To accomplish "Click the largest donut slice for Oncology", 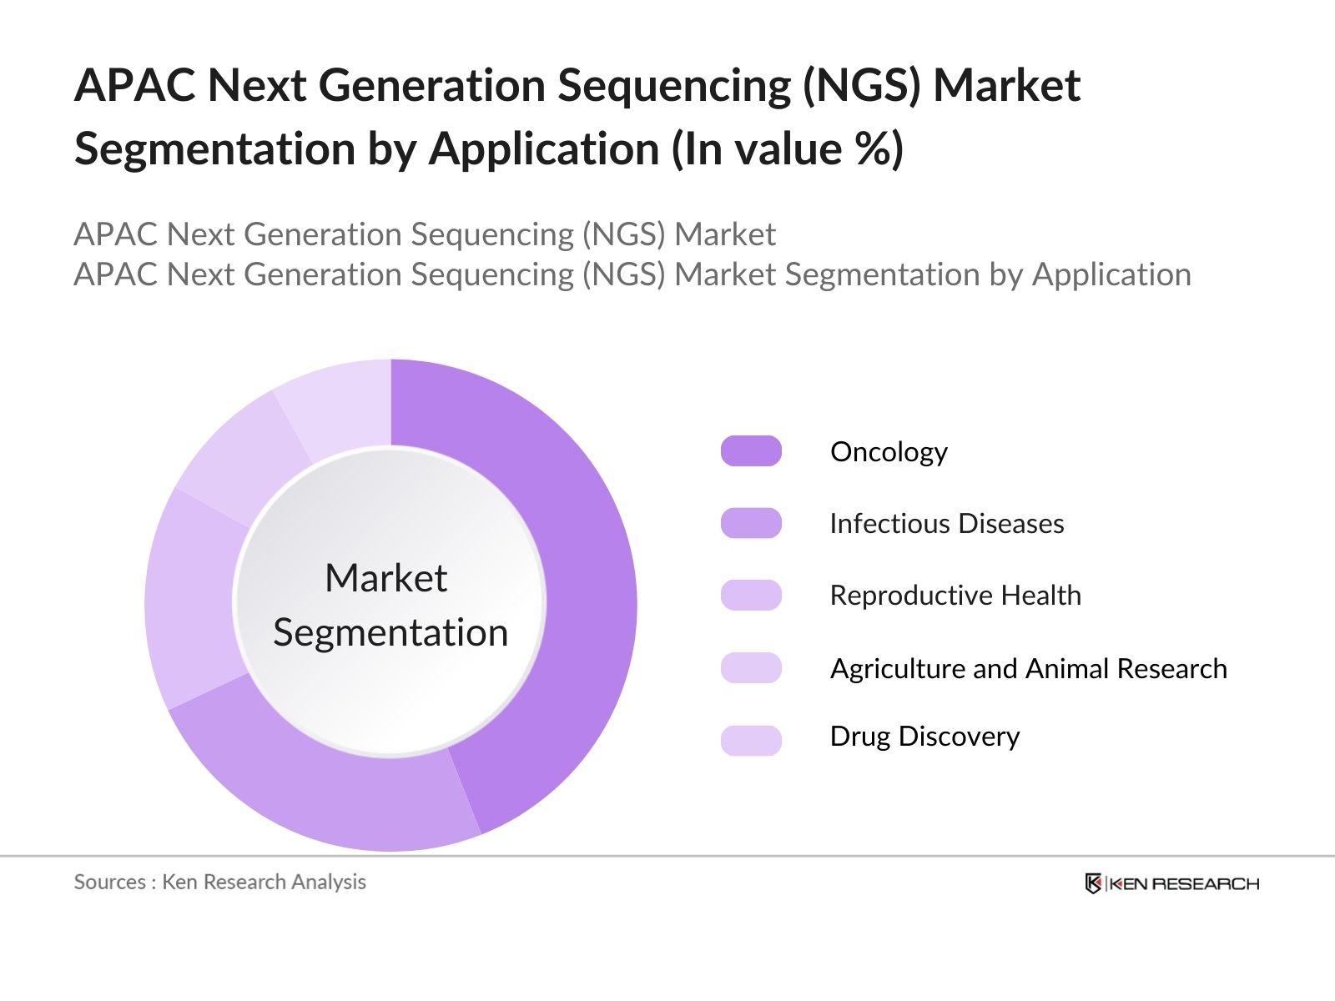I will [576, 584].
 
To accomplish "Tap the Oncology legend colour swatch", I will [751, 451].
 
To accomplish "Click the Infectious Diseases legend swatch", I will [751, 523].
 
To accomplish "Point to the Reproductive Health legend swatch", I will [751, 596].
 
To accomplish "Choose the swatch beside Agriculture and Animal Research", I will [751, 668].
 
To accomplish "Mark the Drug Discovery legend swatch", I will [751, 740].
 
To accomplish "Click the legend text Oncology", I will [889, 452].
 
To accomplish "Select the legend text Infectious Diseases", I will [946, 524].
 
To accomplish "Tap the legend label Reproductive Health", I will [955, 596].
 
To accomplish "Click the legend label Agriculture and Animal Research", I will [1028, 669].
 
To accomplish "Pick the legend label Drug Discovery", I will [924, 737].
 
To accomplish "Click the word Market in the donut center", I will [385, 578].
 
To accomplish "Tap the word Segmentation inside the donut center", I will [390, 633].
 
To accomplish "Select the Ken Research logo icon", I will [1093, 883].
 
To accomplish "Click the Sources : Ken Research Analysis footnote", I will [219, 882].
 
